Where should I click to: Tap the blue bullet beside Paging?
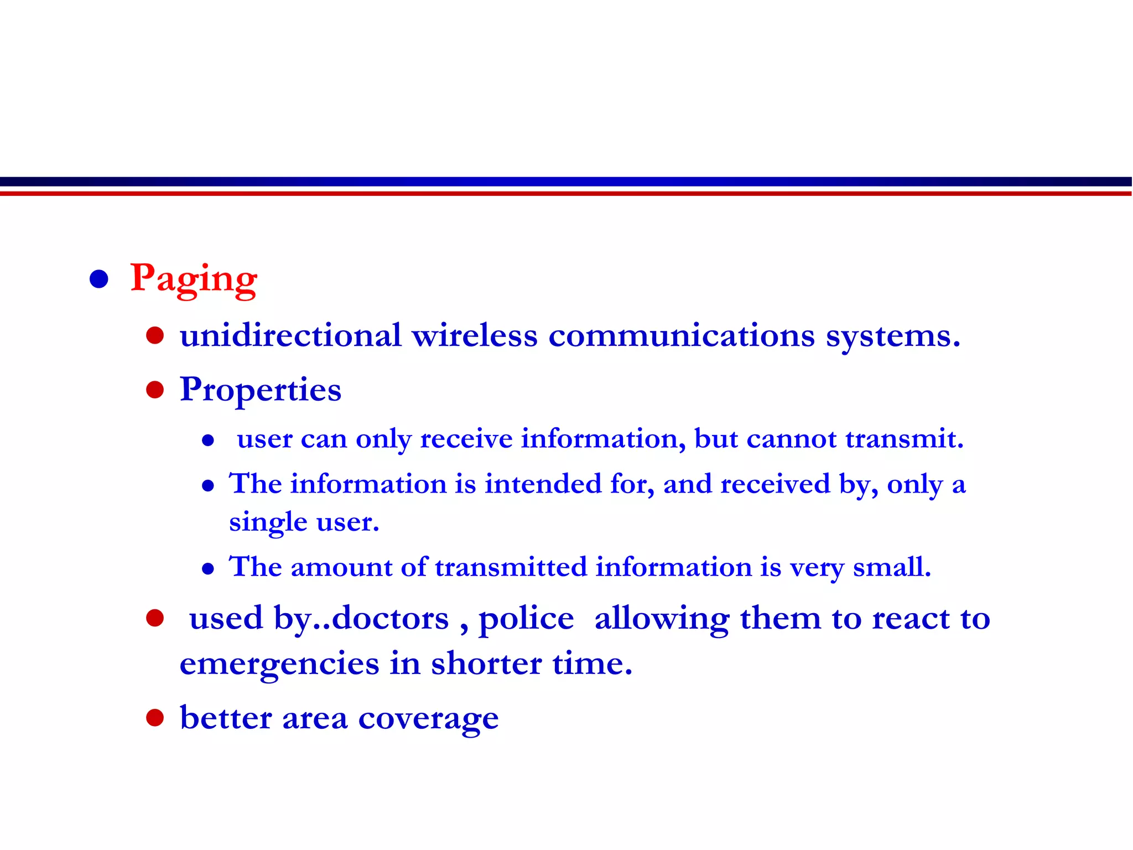[x=99, y=279]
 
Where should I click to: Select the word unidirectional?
[x=290, y=335]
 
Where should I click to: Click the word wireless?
[x=474, y=335]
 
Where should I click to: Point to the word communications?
[x=682, y=335]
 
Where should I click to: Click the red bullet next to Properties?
[x=155, y=390]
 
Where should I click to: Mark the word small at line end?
[x=891, y=567]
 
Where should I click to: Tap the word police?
[x=526, y=619]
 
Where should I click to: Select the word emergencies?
[x=279, y=664]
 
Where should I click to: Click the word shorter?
[x=486, y=664]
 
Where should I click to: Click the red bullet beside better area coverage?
[x=155, y=718]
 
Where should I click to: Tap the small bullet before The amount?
[x=208, y=568]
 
